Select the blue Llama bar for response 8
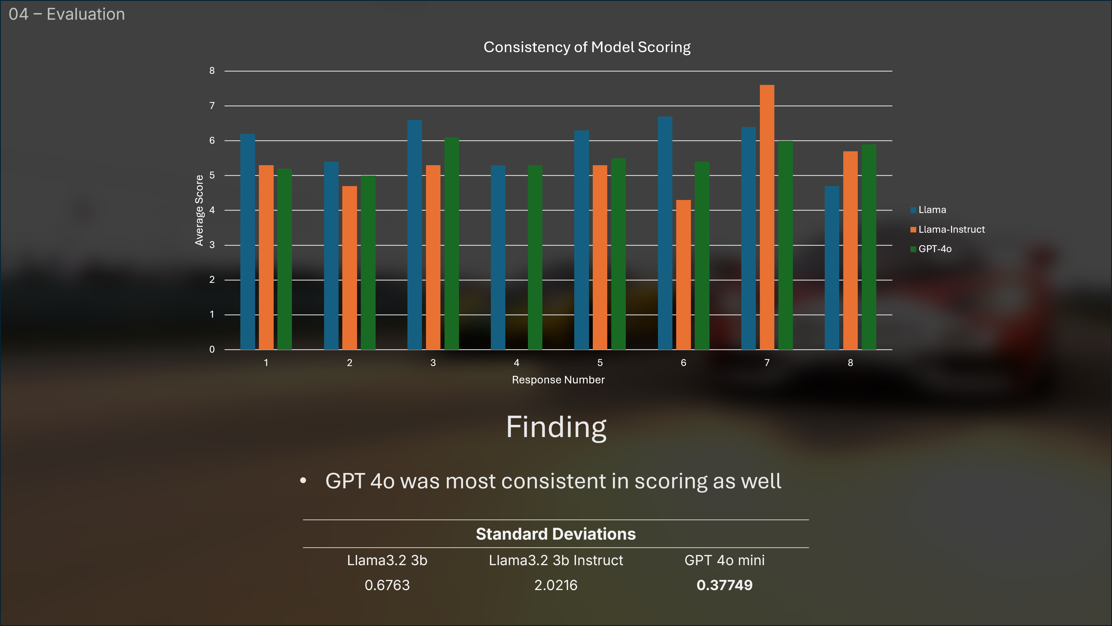tap(832, 268)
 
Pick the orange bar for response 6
tap(683, 275)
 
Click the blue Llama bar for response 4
tap(498, 257)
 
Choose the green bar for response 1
tap(284, 259)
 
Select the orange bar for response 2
tap(350, 268)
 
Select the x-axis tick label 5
tap(600, 363)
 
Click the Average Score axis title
tap(199, 210)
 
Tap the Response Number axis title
tap(558, 380)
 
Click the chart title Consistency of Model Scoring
tap(587, 47)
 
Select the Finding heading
tap(556, 427)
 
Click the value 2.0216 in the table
tap(556, 585)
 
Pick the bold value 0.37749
tap(724, 585)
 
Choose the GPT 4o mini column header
tap(724, 560)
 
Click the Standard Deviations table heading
tap(556, 534)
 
